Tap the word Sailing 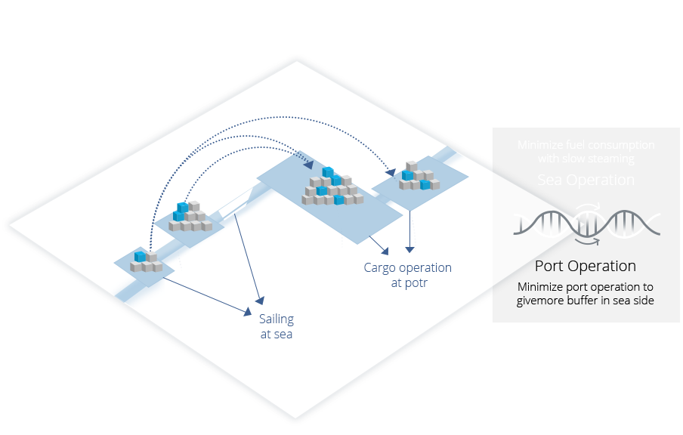tap(276, 319)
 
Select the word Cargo tap(380, 268)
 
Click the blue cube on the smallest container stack tap(140, 257)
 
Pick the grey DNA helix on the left tap(545, 224)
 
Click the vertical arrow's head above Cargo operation tap(409, 248)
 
